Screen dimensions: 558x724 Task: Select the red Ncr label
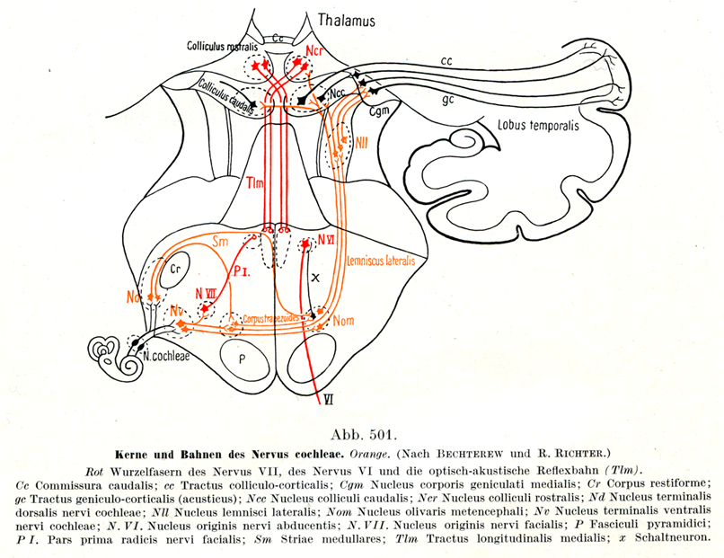(x=315, y=50)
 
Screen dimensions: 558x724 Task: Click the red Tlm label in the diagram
(x=254, y=183)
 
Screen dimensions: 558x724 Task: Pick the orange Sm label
(x=221, y=243)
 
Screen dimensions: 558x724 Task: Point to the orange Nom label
(x=343, y=319)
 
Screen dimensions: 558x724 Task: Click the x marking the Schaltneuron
(x=315, y=279)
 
